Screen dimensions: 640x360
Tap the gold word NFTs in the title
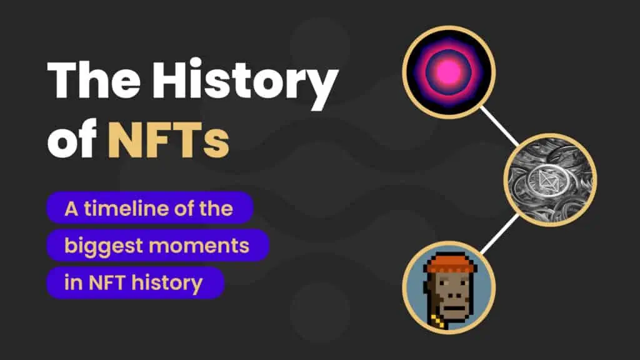click(168, 139)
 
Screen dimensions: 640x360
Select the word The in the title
click(94, 79)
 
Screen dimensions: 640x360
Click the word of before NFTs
click(72, 139)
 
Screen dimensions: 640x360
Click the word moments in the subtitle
click(199, 246)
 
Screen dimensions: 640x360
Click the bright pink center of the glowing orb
click(449, 72)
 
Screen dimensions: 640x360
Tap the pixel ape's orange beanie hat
click(450, 264)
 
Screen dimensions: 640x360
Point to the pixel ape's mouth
click(454, 307)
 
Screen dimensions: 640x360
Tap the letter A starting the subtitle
click(71, 209)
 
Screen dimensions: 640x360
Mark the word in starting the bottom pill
click(73, 282)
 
